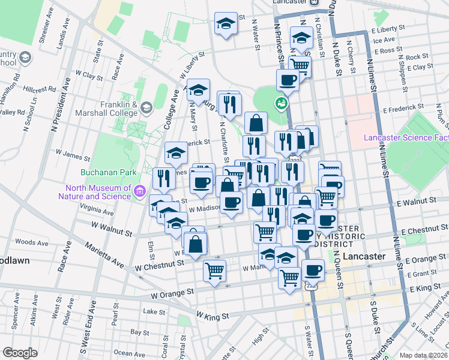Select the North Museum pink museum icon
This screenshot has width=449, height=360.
[140, 191]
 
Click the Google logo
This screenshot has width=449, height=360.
[20, 352]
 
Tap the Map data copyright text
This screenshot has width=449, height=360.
[424, 355]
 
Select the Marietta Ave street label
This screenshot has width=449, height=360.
[107, 256]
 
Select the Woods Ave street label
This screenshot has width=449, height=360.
[28, 242]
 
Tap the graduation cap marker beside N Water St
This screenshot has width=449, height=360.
[225, 25]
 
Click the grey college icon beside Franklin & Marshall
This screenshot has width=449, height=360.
[147, 108]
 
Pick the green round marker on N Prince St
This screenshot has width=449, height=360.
[281, 104]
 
